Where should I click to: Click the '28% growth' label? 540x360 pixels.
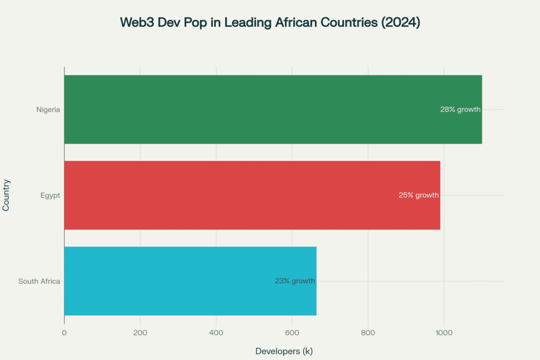point(460,110)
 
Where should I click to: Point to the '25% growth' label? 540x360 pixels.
point(418,195)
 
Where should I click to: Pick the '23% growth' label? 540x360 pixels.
point(295,281)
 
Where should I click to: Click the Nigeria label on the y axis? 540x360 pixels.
point(48,110)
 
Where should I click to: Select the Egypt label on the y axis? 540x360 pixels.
point(50,195)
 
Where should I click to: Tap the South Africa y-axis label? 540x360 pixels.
point(39,281)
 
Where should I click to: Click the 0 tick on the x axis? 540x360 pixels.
point(64,333)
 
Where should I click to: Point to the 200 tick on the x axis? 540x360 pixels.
point(140,333)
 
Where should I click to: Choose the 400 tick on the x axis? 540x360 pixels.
point(216,333)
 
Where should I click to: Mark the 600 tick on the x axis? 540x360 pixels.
point(292,333)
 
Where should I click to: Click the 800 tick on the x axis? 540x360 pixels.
point(368,333)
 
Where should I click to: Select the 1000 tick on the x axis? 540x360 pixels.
point(444,333)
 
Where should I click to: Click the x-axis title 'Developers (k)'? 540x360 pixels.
point(284,351)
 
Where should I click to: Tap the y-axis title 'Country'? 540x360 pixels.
point(6,195)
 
